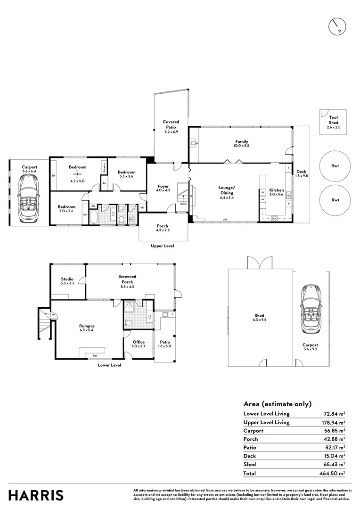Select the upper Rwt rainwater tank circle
pos(335,166)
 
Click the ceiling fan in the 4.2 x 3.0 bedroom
pos(74,174)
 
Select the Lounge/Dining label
pos(226,190)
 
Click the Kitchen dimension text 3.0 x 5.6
pos(276,195)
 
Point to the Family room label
pos(242,142)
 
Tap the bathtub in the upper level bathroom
pos(92,217)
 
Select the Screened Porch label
pos(128,279)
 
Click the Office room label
pos(138,342)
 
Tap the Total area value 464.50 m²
pos(333,473)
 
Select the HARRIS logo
pos(36,495)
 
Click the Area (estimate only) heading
pos(277,403)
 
